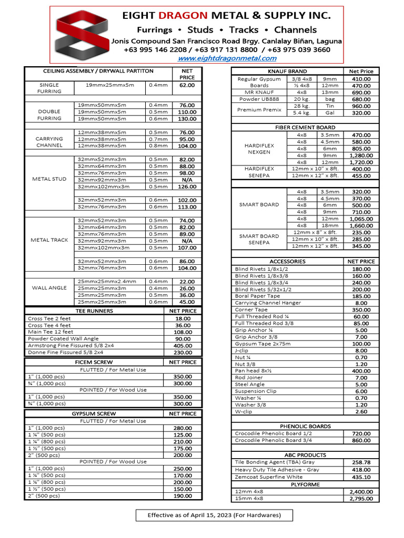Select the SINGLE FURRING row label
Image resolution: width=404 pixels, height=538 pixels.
tap(49, 88)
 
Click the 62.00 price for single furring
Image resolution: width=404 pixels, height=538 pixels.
tap(187, 85)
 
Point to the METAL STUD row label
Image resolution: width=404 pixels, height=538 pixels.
tap(49, 179)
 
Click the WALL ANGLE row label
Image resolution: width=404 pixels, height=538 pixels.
tap(49, 288)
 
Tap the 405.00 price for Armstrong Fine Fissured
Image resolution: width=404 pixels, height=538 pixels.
tap(183, 346)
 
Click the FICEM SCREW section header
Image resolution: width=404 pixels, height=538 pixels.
tap(94, 362)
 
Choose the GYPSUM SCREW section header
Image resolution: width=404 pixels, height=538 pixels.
tap(94, 413)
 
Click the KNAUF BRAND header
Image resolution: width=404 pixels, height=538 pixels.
tap(287, 71)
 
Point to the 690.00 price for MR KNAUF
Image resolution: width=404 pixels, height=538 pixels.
tap(361, 92)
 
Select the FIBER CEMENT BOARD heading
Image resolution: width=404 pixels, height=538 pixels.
tap(305, 128)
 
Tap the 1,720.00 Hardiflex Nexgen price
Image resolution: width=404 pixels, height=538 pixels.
tap(361, 162)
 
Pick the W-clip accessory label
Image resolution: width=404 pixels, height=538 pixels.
tap(244, 412)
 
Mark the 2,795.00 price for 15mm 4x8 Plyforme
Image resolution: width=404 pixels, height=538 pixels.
tap(361, 499)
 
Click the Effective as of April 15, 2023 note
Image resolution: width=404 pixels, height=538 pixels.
tap(214, 515)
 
